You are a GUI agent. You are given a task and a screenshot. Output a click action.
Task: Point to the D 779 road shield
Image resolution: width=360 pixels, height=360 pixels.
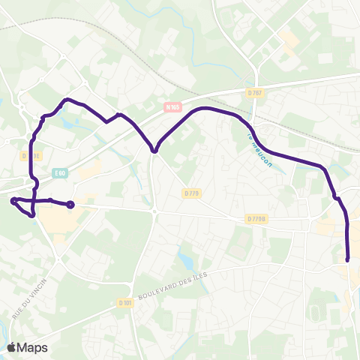point(192,193)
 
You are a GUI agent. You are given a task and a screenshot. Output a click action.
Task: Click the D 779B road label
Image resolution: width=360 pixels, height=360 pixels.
point(256,219)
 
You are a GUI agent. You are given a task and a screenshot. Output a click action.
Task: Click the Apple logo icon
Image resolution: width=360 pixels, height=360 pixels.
point(12,347)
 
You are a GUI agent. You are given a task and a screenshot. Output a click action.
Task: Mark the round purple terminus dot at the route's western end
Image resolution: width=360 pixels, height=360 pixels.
point(70,204)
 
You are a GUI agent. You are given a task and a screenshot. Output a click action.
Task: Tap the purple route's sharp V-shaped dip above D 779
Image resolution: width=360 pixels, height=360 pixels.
point(154,151)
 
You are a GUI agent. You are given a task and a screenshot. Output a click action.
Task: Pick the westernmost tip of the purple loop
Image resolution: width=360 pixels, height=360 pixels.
point(13,200)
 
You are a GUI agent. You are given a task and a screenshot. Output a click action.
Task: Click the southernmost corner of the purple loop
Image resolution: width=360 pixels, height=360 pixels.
point(32,216)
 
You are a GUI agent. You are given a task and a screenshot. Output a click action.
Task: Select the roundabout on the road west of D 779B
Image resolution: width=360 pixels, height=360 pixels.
point(154,212)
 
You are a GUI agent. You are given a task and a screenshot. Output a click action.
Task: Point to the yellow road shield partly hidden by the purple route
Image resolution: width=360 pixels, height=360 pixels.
point(30,156)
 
